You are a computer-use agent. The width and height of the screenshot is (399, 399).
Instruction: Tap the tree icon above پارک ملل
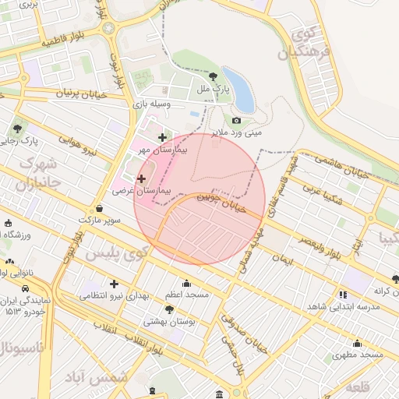[x=214, y=76]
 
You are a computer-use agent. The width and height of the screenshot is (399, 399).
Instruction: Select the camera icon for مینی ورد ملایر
[x=236, y=121]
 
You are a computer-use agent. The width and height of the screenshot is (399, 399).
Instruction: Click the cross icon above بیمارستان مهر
[x=162, y=137]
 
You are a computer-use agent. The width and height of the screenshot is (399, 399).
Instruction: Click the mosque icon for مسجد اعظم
[x=186, y=283]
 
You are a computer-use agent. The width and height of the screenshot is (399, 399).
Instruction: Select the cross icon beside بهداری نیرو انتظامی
[x=115, y=284]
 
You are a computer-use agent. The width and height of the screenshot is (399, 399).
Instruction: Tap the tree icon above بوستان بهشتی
[x=169, y=309]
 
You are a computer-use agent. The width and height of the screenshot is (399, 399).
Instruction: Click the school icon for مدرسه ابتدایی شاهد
[x=343, y=294]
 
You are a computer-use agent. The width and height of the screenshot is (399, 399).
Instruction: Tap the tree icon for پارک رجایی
[x=18, y=129]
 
